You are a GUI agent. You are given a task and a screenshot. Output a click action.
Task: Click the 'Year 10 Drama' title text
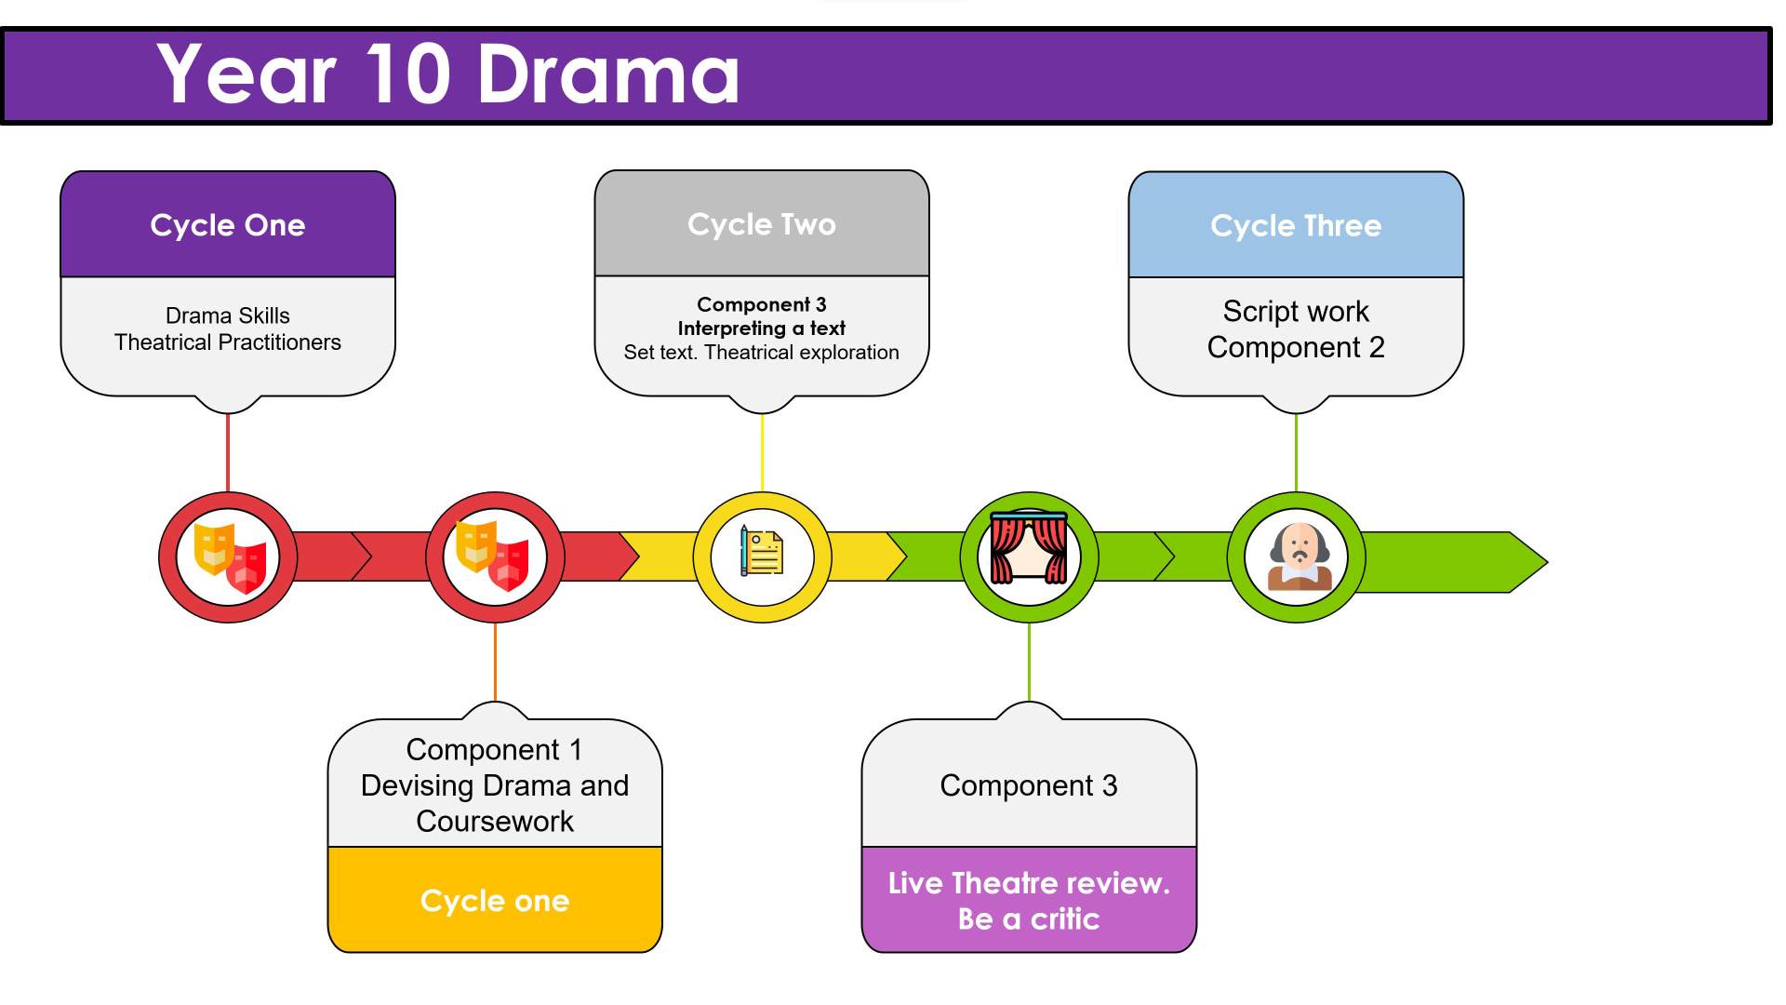point(447,74)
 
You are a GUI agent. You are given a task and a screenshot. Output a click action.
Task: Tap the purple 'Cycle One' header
point(228,225)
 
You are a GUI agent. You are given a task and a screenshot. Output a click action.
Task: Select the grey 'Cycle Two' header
point(761,224)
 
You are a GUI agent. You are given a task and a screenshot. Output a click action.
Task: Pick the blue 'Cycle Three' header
point(1295,226)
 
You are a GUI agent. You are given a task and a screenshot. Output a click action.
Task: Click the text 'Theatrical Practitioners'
point(228,342)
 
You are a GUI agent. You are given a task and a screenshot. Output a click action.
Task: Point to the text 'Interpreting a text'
point(761,328)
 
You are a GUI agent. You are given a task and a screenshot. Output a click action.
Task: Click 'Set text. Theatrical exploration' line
point(761,353)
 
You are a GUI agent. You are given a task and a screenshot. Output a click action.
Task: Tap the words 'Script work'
point(1295,311)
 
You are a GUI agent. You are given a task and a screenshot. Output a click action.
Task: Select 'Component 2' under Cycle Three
point(1295,347)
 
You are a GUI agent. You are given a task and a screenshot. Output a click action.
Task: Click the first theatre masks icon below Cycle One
point(229,557)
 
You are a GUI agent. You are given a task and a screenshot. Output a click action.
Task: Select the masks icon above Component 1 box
point(494,556)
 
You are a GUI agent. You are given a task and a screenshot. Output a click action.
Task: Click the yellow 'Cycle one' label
point(494,901)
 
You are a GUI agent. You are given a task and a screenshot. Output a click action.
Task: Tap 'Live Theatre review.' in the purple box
point(1029,883)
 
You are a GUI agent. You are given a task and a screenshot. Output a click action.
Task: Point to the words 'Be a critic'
point(1029,919)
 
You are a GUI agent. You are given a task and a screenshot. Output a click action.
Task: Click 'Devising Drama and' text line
point(494,785)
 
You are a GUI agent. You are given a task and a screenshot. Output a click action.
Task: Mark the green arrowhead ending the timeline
point(1526,562)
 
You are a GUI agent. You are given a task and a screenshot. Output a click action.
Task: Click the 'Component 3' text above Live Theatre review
point(1029,785)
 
